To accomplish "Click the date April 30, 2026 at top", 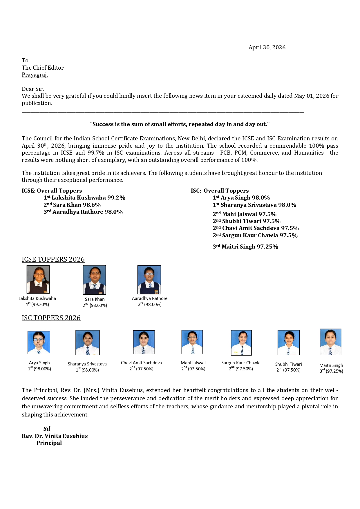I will coord(267,48).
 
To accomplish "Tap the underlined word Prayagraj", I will coord(35,75).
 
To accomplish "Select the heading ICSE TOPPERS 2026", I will coord(53,259).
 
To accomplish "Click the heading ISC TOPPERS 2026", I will coord(51,318).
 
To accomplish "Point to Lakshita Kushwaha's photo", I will coord(38,279).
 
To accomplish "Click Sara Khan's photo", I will coord(94,280).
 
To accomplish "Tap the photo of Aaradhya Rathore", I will coord(149,280).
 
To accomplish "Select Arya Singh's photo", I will coord(39,342).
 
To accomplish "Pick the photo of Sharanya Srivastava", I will coord(87,343).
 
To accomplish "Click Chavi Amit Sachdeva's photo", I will coord(144,342).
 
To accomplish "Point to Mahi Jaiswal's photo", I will coord(192,342).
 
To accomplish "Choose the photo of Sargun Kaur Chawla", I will coord(241,343).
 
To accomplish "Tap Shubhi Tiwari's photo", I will coord(288,343).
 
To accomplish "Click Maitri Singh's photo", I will coord(330,342).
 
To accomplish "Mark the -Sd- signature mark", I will coord(47,429).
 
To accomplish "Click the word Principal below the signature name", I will coord(49,443).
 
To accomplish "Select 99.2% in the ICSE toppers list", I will coord(116,198).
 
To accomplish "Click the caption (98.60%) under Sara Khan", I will coord(98,305).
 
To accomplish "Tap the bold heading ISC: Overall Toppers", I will coord(220,191).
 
